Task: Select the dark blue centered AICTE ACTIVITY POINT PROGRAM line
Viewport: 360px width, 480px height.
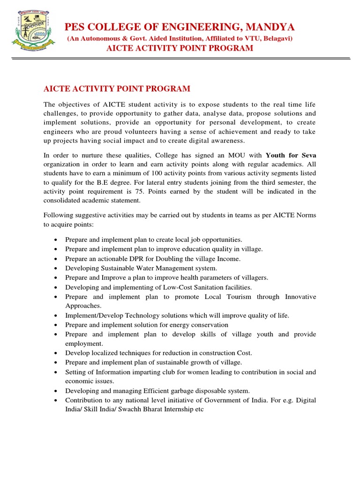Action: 180,48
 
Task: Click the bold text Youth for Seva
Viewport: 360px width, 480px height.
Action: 291,155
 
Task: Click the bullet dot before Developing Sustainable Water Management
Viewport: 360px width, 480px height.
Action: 56,269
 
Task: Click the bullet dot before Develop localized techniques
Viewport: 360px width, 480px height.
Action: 56,353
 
